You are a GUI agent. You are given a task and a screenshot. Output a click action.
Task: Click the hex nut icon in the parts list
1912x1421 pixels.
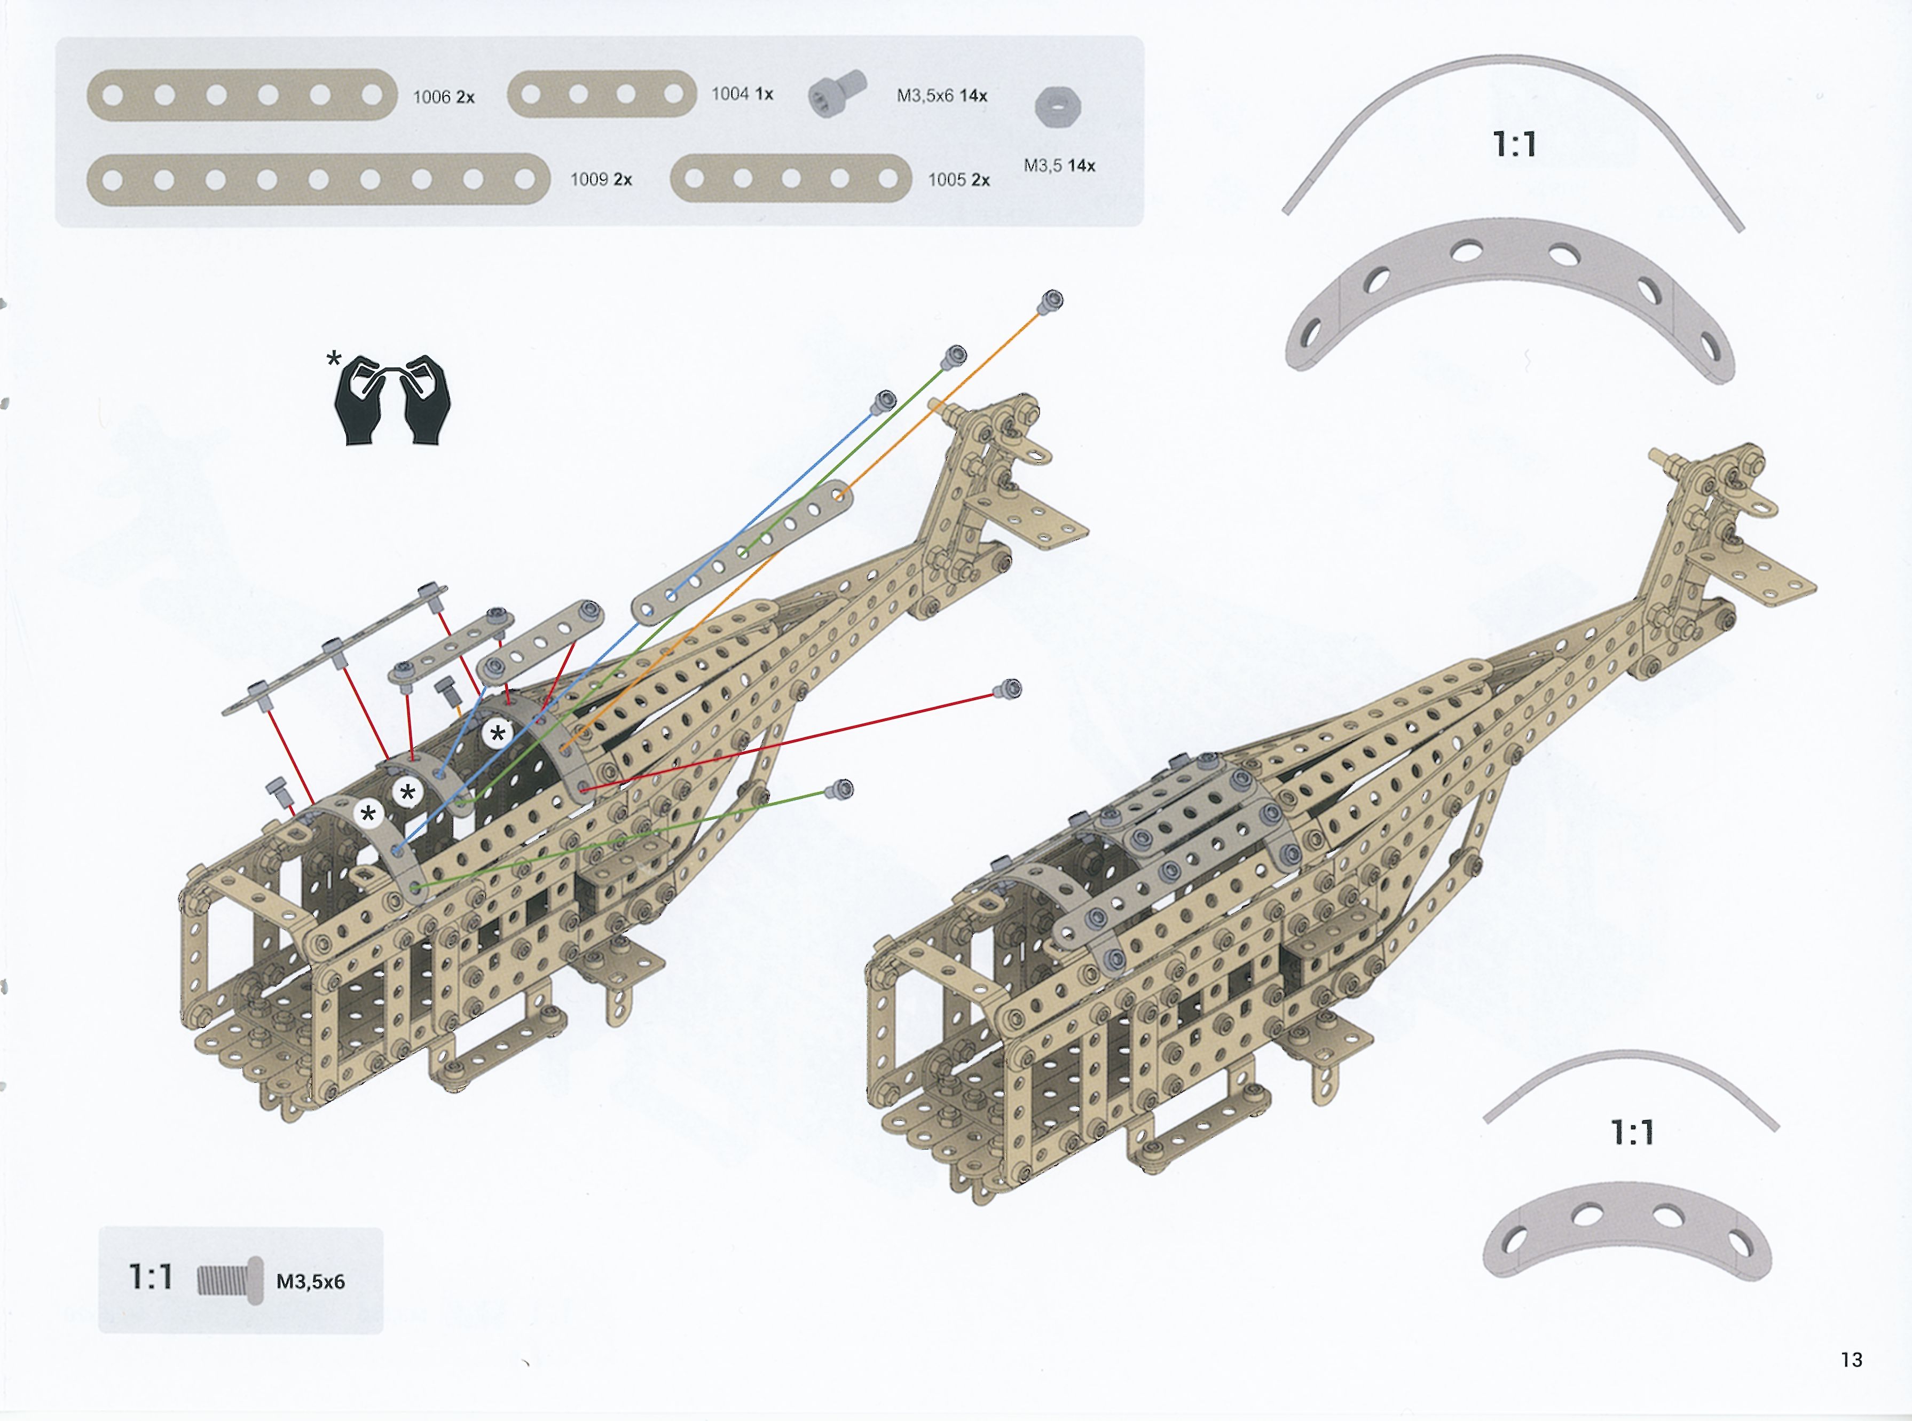[1058, 107]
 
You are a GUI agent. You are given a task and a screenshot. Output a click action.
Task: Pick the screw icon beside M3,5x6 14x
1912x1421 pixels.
[835, 94]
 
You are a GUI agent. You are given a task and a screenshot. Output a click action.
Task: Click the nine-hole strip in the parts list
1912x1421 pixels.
[318, 180]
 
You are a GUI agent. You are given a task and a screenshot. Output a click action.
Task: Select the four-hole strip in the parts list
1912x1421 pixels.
[602, 94]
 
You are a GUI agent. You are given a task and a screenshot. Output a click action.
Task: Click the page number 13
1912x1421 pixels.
[1851, 1359]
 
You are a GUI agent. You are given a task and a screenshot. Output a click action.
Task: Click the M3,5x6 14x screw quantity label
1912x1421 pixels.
[942, 96]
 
